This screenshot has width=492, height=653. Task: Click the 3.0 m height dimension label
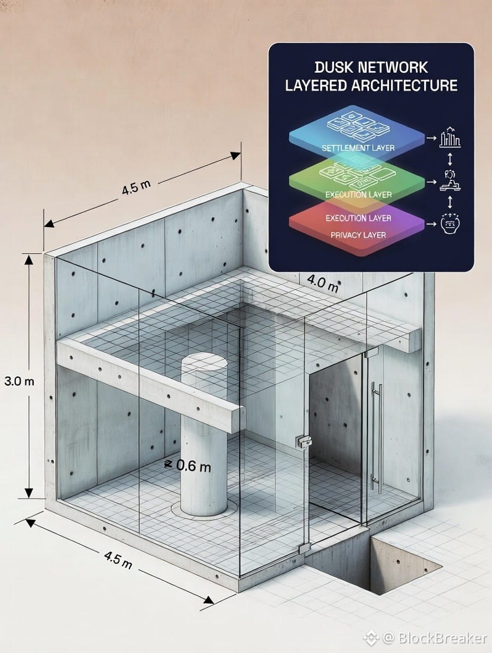tap(19, 381)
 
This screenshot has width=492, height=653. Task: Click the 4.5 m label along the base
tap(118, 560)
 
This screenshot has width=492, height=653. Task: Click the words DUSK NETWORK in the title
tap(371, 67)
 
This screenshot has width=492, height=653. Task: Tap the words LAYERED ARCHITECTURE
tap(371, 85)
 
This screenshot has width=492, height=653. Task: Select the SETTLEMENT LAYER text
tap(358, 148)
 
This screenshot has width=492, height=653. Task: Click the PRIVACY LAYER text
tap(358, 235)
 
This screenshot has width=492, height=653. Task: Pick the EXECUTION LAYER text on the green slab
tap(358, 195)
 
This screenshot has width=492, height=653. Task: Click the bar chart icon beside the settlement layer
tap(450, 137)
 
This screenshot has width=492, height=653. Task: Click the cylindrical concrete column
tap(204, 433)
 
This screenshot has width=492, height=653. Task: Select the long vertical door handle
tap(377, 437)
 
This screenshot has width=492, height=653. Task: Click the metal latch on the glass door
tap(303, 442)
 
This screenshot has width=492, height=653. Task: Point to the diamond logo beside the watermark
tap(371, 637)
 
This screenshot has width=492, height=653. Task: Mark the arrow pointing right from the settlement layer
tap(431, 137)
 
